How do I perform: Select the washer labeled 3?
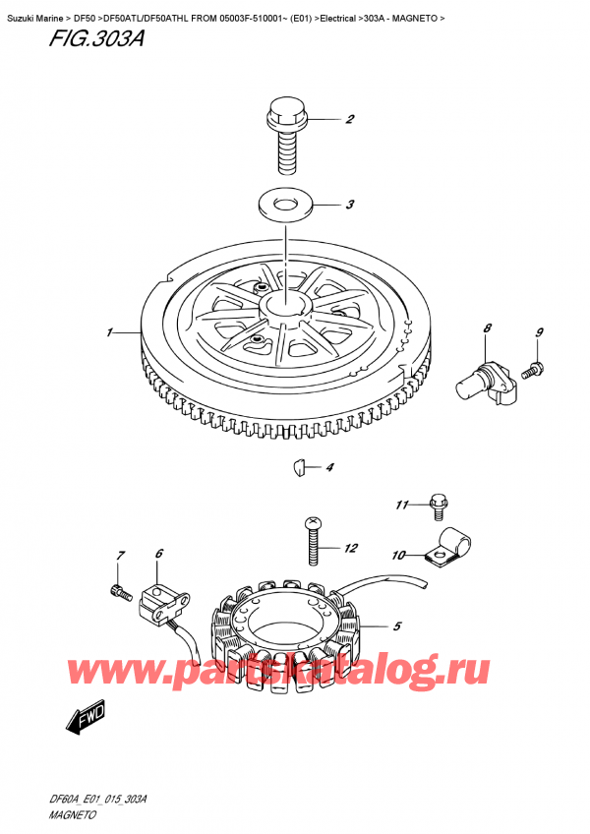(285, 206)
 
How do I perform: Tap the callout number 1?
(111, 332)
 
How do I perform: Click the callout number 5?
(396, 625)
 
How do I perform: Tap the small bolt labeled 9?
(533, 371)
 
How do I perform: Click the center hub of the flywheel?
(285, 300)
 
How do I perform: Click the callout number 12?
(351, 548)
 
